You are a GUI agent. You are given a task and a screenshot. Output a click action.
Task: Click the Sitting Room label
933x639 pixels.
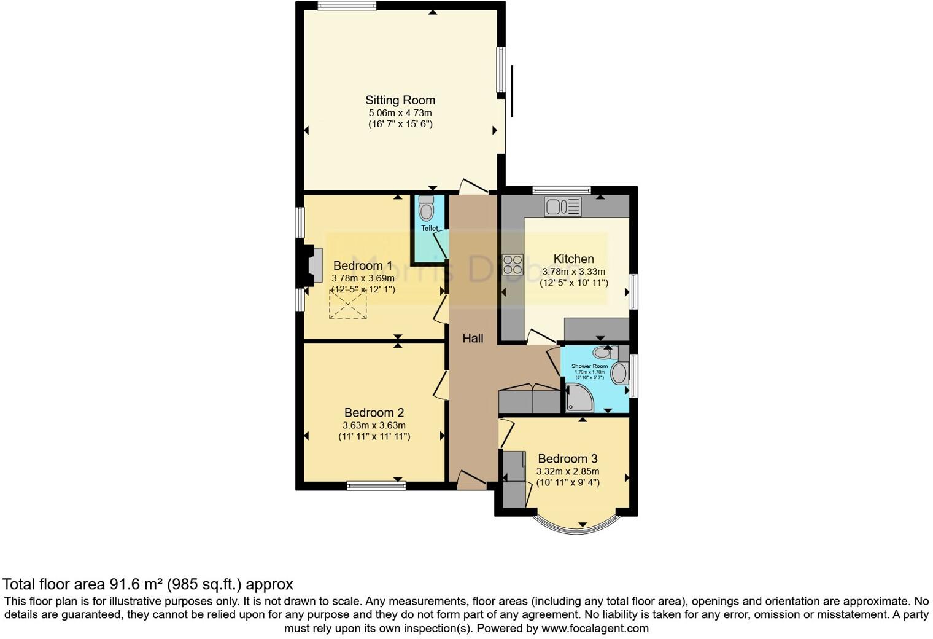(400, 100)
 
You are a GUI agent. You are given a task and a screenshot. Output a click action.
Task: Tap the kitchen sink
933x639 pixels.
(562, 206)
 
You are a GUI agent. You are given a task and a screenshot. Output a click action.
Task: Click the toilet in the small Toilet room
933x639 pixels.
(426, 210)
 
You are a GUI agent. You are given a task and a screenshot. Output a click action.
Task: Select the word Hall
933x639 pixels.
(473, 338)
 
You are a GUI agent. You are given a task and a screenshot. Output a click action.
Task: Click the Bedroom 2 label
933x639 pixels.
(374, 413)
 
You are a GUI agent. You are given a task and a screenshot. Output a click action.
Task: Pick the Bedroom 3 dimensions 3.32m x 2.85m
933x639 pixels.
(568, 471)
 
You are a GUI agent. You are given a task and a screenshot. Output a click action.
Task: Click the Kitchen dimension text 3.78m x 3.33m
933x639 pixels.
(574, 272)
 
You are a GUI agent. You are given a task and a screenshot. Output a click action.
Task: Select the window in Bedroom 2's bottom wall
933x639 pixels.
(376, 486)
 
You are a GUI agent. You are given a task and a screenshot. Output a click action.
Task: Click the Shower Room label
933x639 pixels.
(589, 366)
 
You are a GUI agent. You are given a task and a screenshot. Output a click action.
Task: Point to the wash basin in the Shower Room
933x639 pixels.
(619, 374)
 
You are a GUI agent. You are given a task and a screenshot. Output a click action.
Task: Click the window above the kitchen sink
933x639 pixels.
(561, 190)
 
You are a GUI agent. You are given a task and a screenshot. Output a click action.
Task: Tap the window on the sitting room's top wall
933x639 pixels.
(347, 6)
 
